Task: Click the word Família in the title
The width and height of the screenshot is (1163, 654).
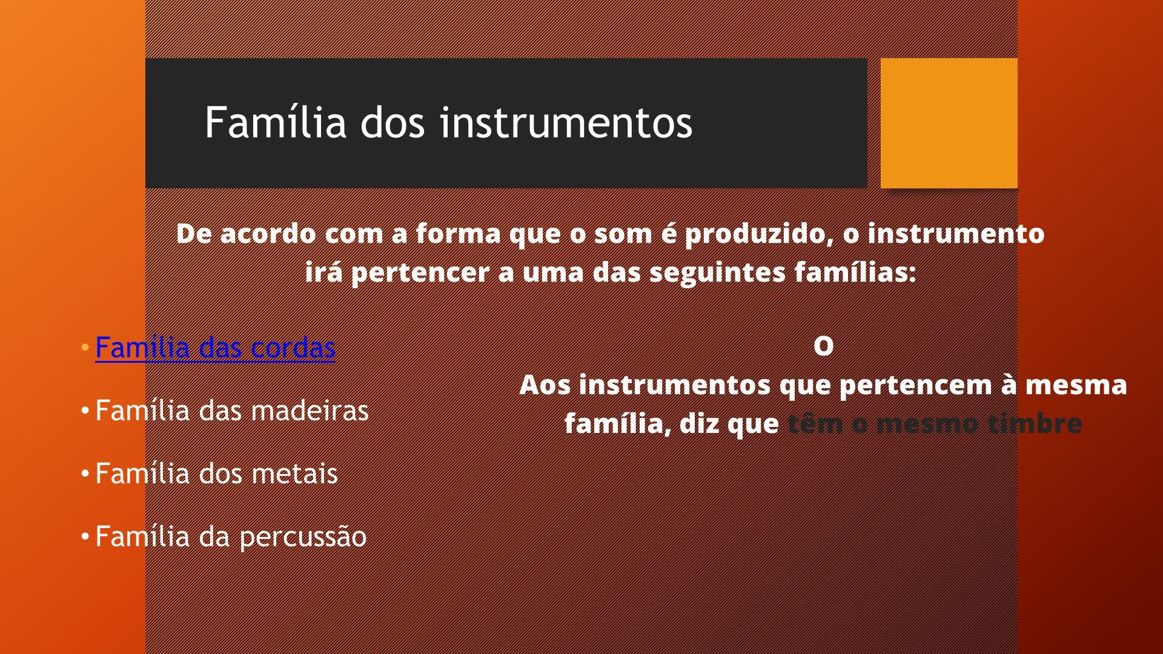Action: point(276,122)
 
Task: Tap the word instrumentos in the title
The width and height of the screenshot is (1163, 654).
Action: point(566,123)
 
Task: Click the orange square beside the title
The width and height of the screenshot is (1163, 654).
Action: point(949,123)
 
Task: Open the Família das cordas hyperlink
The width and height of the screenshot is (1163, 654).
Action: point(215,348)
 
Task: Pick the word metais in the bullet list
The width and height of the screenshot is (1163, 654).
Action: point(294,474)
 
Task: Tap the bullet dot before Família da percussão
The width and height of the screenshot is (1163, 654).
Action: point(85,537)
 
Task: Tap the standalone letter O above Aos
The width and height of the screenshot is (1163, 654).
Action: point(823,346)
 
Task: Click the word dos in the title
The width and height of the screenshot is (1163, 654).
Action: point(393,123)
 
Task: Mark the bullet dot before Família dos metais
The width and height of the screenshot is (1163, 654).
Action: point(85,474)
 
